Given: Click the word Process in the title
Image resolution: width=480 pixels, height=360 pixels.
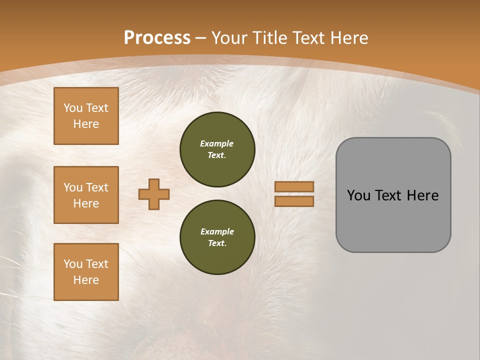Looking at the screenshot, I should (x=157, y=38).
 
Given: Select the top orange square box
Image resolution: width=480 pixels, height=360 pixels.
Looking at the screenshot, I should (x=86, y=116).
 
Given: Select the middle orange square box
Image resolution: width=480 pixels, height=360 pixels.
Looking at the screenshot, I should (x=86, y=195).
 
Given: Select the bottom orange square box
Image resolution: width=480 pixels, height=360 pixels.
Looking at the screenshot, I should (x=86, y=271).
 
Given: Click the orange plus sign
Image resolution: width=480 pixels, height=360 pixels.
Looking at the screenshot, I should (x=154, y=194).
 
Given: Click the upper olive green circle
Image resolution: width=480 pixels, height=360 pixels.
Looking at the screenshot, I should (x=217, y=149).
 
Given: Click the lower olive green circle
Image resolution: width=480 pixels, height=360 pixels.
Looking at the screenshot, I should (x=217, y=237).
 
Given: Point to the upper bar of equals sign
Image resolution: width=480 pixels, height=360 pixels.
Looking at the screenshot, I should (x=294, y=186).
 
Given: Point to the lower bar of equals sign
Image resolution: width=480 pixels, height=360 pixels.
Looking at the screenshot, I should (x=294, y=201).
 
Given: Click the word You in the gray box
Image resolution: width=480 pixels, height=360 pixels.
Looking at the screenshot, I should (x=358, y=195).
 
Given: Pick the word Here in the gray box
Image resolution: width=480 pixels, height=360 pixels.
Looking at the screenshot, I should (x=422, y=195).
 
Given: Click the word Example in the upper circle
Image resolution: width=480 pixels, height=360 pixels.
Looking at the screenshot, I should (x=217, y=143).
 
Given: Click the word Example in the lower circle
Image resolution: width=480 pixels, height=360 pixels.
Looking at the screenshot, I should (x=217, y=231).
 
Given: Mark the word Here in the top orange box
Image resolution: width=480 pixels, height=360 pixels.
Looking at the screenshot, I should (x=86, y=124).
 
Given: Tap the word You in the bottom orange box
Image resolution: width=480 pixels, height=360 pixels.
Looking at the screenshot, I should (x=73, y=264).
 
